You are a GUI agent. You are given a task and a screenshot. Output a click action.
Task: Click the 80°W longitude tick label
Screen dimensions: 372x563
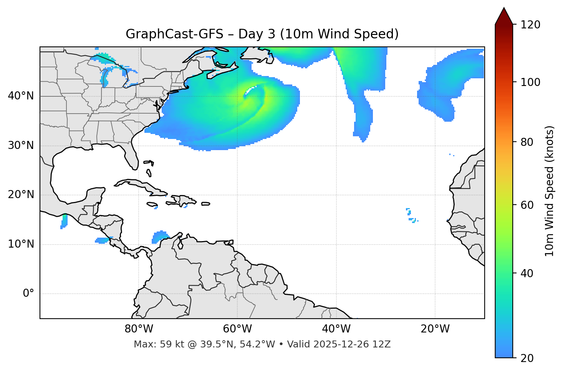click(139, 329)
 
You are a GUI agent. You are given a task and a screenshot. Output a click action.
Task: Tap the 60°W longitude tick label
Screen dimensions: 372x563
click(237, 329)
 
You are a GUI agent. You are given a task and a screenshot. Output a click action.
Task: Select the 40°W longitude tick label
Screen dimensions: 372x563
click(336, 329)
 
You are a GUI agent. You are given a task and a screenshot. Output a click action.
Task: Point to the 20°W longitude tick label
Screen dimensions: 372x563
click(435, 329)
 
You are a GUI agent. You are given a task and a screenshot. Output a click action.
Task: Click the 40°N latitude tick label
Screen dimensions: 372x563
click(21, 96)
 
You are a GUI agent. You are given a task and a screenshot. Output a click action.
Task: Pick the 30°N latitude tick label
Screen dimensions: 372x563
click(21, 145)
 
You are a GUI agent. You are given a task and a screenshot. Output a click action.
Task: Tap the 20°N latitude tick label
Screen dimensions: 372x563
click(21, 195)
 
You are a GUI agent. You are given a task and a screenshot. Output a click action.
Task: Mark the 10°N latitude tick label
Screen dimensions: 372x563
click(21, 244)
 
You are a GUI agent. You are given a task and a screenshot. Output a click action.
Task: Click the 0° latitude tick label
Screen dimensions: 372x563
click(28, 294)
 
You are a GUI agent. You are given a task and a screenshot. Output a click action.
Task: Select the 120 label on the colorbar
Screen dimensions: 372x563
click(530, 25)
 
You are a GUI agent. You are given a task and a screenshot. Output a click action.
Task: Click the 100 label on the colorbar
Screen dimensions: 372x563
click(530, 82)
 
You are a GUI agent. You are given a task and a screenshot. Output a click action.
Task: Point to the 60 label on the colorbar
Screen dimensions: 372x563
click(527, 205)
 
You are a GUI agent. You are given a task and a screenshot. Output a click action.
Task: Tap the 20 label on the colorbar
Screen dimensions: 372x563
click(527, 358)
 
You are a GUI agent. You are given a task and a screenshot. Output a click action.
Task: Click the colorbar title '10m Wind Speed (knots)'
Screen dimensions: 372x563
click(550, 191)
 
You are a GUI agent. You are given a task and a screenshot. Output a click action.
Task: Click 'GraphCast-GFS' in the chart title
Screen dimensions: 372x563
click(174, 34)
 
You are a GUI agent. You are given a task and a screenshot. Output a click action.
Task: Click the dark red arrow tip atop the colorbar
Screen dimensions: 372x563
click(504, 15)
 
